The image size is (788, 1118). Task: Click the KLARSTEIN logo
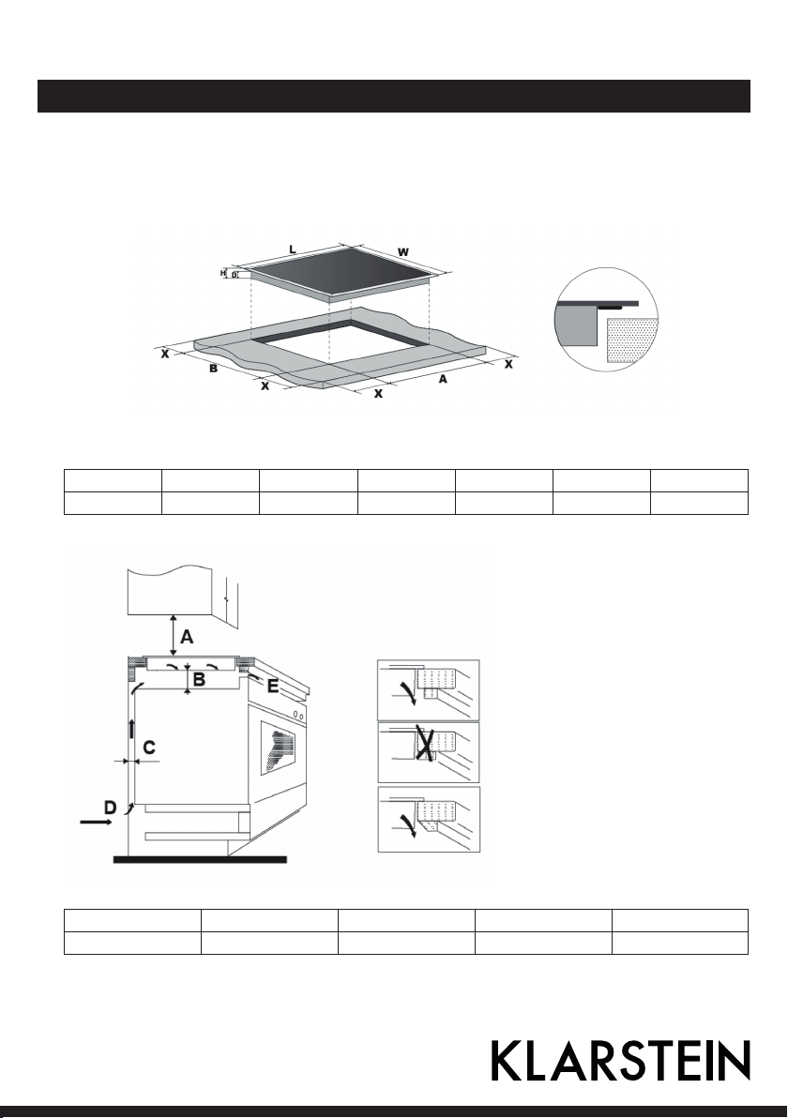(x=620, y=1060)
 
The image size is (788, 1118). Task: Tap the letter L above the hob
(x=293, y=249)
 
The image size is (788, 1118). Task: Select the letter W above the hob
(x=403, y=251)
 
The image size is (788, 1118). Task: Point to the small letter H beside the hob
(x=222, y=273)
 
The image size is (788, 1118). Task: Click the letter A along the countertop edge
(x=443, y=379)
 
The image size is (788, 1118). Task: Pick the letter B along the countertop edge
(x=213, y=370)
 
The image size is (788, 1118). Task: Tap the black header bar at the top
(x=394, y=97)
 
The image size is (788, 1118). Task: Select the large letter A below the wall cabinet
(x=187, y=635)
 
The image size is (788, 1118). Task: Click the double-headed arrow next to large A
(x=174, y=635)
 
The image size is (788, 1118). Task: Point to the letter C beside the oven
(x=150, y=748)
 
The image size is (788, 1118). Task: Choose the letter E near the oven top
(x=272, y=686)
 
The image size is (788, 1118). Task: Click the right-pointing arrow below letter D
(x=96, y=823)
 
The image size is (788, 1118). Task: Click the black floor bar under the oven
(x=201, y=860)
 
